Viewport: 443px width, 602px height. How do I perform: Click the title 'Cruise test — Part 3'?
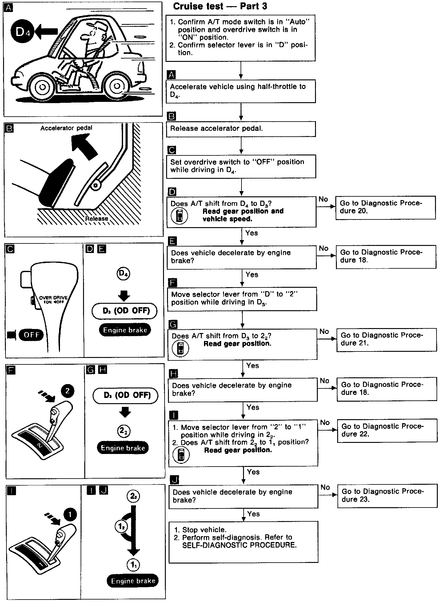pos(220,6)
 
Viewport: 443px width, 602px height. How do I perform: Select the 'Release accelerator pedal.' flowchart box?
pos(241,129)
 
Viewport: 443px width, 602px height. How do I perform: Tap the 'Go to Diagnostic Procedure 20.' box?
pos(385,207)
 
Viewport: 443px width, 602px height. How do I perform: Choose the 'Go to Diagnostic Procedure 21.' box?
pos(386,339)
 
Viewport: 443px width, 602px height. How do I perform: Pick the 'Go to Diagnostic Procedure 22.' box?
pos(387,430)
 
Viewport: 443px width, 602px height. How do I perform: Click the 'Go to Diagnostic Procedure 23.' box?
pos(387,496)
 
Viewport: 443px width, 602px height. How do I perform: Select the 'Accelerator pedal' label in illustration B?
pos(66,128)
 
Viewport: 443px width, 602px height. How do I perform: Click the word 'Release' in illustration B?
pos(97,219)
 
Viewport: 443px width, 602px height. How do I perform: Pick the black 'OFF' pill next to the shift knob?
pos(31,335)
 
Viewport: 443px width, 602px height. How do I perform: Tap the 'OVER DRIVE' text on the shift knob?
pos(53,298)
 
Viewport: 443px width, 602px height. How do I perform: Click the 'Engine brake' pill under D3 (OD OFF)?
pos(125,330)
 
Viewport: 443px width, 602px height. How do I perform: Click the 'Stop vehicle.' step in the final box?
pos(204,530)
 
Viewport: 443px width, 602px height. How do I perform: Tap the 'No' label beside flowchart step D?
pos(323,199)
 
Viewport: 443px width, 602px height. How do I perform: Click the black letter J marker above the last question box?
pos(174,480)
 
